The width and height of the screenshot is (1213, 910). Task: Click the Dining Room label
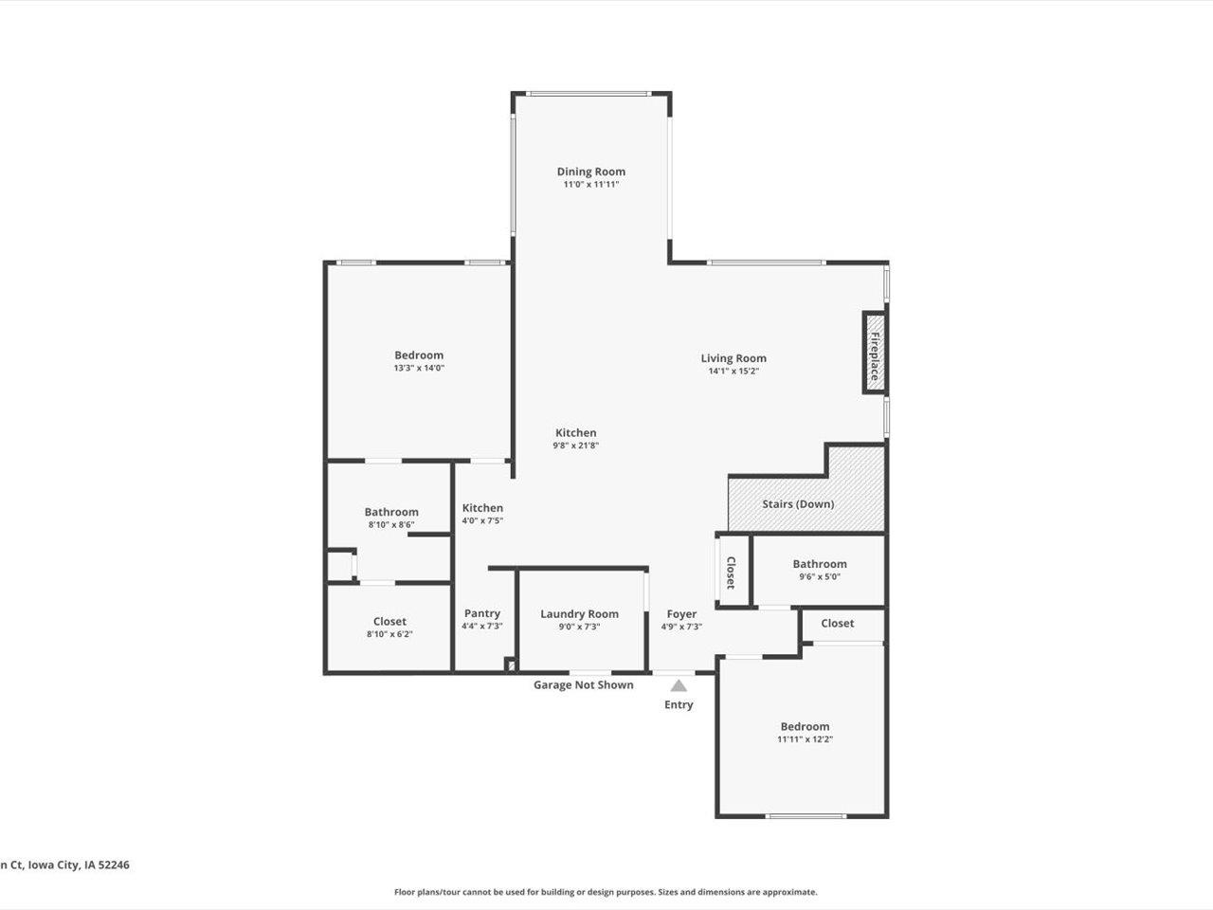tap(590, 172)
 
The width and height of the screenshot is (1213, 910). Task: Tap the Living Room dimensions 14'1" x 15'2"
tap(733, 372)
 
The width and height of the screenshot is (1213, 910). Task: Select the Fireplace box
tap(874, 352)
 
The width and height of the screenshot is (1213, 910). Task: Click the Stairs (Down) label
tap(798, 504)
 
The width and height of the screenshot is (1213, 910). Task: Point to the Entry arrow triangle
tap(679, 685)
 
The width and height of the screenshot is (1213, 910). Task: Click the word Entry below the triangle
tap(679, 705)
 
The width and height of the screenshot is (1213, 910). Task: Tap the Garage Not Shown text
tap(583, 685)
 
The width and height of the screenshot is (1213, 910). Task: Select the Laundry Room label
tap(579, 614)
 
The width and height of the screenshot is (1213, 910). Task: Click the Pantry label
tap(481, 614)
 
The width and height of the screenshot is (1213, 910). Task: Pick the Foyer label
tap(681, 614)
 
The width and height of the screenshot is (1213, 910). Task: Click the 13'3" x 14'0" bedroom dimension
tap(419, 368)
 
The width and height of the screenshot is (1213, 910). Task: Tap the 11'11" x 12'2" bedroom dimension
tap(805, 739)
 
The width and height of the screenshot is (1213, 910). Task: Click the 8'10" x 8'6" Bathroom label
tap(391, 512)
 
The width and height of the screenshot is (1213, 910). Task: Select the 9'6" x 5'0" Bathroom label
tap(820, 564)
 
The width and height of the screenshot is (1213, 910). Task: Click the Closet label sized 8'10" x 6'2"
tap(389, 622)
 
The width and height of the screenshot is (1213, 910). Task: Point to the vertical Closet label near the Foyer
tap(731, 572)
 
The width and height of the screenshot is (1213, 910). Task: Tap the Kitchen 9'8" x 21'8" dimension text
tap(576, 446)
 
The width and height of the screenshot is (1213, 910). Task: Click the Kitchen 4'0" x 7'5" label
tap(482, 508)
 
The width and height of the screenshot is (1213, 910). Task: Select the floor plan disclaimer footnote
tap(606, 892)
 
